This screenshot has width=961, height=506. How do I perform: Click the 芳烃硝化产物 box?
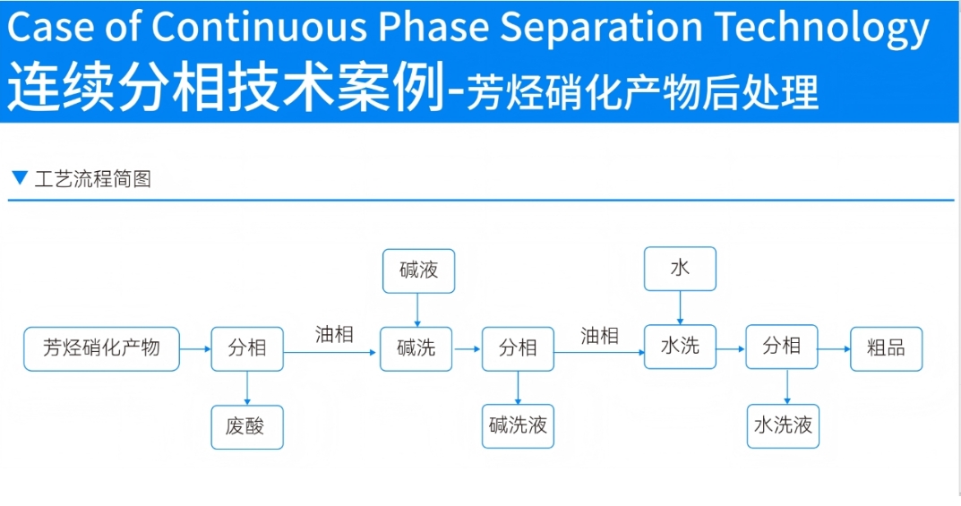(101, 348)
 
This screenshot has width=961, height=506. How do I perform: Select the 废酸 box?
(247, 427)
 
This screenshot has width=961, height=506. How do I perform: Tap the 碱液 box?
(418, 270)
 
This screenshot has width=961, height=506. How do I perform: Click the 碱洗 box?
(416, 348)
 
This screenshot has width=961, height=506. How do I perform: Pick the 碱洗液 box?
(518, 426)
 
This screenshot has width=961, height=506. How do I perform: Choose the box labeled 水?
(680, 269)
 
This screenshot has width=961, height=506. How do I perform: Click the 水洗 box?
(680, 347)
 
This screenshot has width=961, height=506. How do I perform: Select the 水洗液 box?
(783, 426)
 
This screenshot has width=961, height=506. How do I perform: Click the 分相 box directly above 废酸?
(247, 348)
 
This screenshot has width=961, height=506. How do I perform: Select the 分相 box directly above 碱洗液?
(518, 348)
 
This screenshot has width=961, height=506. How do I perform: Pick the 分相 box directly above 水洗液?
(782, 347)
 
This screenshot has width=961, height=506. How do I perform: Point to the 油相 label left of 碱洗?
(334, 335)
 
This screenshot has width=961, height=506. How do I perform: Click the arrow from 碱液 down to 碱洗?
(416, 310)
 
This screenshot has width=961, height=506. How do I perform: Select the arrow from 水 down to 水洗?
(680, 307)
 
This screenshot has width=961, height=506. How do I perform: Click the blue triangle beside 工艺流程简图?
(20, 177)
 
